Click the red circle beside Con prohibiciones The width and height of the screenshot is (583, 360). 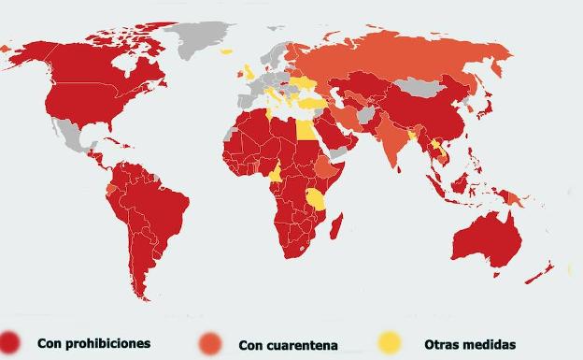pyautogui.click(x=11, y=342)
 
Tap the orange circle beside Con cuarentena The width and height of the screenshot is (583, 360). pyautogui.click(x=211, y=343)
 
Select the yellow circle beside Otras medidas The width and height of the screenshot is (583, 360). pyautogui.click(x=390, y=343)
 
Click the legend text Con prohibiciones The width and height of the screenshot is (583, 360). pyautogui.click(x=93, y=343)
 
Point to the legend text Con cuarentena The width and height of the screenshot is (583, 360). pyautogui.click(x=288, y=344)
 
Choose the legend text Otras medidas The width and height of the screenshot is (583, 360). pyautogui.click(x=469, y=344)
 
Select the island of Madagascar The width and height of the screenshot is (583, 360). pyautogui.click(x=336, y=225)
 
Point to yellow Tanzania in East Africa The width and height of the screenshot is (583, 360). pyautogui.click(x=316, y=198)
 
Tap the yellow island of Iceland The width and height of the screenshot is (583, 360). pyautogui.click(x=226, y=52)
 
